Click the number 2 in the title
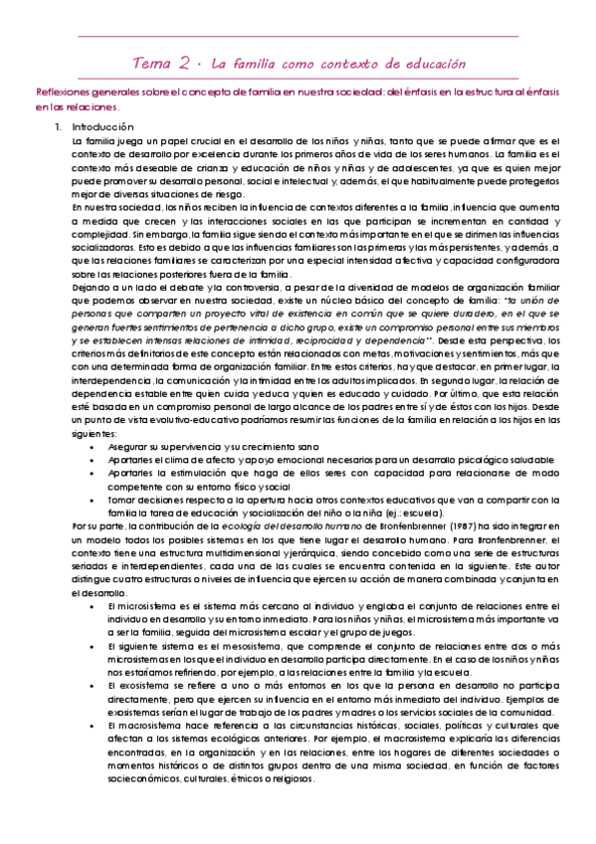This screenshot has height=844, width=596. (186, 63)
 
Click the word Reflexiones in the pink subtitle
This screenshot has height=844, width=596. (63, 92)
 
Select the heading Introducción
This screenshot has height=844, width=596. (102, 127)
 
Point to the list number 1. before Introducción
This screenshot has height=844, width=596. (59, 127)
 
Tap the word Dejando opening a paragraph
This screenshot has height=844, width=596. (92, 286)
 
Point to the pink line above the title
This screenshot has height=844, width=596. (298, 37)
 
